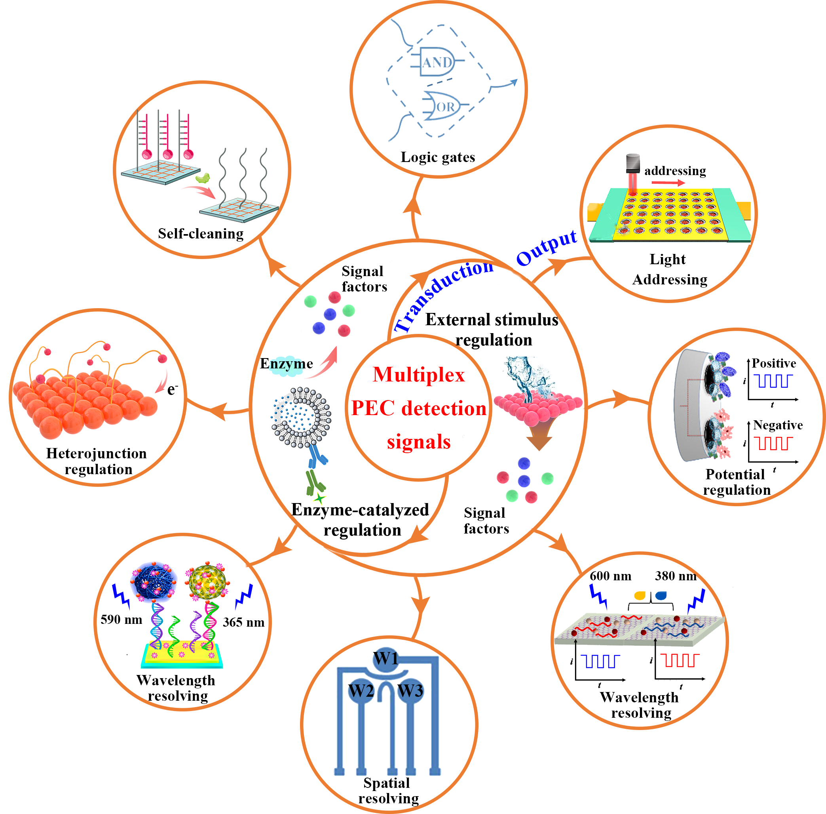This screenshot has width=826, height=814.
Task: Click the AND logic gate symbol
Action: pos(436,62)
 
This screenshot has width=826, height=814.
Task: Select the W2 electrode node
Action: pos(361,690)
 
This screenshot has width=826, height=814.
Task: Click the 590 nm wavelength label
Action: pos(121,620)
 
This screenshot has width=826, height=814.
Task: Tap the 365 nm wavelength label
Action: pos(243,622)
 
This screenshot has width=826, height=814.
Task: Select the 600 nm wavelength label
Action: pos(610,576)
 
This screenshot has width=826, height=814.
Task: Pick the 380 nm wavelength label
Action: pos(676,576)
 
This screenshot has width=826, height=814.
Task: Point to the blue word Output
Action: pos(546,248)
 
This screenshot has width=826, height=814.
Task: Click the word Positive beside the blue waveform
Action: pos(774,363)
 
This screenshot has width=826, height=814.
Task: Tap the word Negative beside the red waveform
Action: pos(778,425)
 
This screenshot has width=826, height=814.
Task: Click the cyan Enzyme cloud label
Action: pos(287,364)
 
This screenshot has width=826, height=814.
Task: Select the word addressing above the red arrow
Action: pos(675,171)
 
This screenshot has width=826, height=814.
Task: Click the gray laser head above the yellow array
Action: pos(633,163)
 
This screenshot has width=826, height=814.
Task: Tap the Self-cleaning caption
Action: pos(201,233)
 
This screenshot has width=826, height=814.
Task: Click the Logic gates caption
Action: pos(438,157)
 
